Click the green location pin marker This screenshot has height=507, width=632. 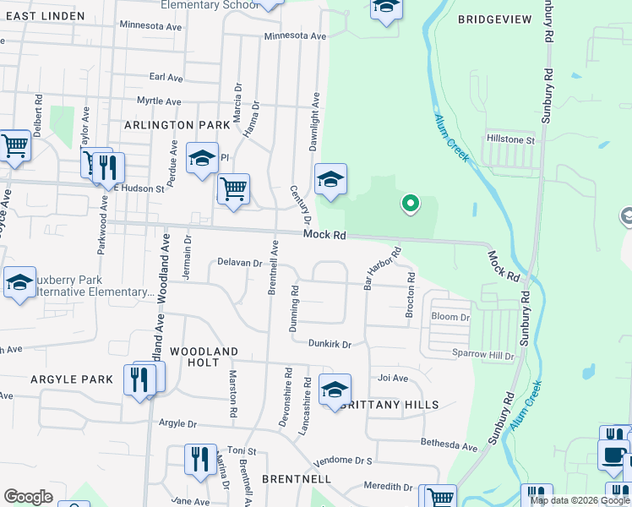tap(410, 204)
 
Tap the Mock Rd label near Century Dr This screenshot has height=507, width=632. tap(325, 236)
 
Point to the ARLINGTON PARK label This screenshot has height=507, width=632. tap(177, 124)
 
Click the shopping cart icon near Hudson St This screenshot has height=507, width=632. tap(233, 188)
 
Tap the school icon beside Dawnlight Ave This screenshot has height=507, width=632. tap(331, 179)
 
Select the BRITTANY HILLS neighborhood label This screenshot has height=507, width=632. tap(390, 405)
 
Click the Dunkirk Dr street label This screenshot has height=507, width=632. tap(329, 344)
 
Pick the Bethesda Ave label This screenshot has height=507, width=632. tap(449, 444)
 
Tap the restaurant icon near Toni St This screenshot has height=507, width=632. tap(200, 460)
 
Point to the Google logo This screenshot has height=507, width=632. tap(28, 497)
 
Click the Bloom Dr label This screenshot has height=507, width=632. tap(449, 317)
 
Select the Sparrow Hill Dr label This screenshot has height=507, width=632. tap(482, 357)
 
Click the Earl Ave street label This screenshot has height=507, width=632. tap(166, 77)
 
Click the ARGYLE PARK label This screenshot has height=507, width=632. tap(71, 380)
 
